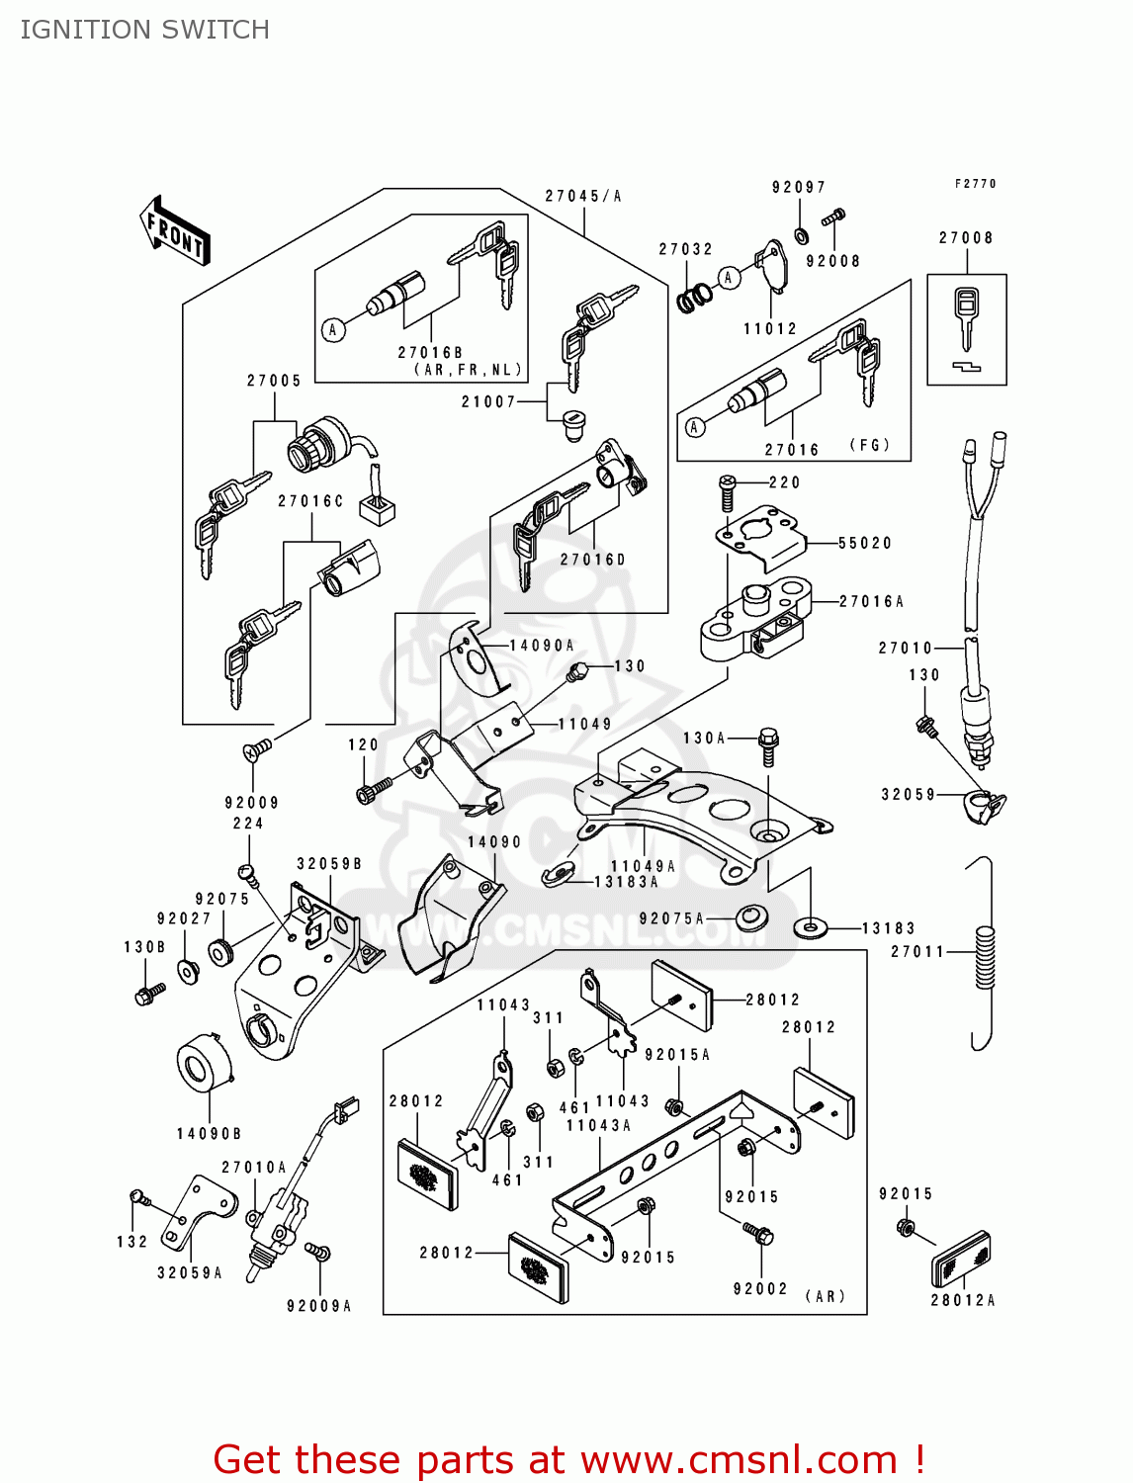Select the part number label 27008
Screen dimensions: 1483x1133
point(966,238)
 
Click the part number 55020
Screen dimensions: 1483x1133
point(865,543)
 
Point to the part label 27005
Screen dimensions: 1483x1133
point(274,381)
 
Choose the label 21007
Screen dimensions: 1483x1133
point(488,401)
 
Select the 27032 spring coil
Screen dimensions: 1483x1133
point(695,296)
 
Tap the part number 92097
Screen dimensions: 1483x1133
point(799,187)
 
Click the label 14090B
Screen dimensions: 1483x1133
point(209,1134)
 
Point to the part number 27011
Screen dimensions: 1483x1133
point(918,952)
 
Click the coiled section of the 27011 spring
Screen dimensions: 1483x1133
point(985,957)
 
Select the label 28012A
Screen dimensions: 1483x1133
point(963,1300)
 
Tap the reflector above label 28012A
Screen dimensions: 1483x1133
point(962,1258)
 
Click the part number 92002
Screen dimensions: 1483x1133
point(760,1289)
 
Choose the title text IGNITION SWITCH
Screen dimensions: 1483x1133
point(144,30)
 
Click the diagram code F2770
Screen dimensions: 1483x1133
point(976,184)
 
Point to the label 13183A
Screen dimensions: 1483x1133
point(626,882)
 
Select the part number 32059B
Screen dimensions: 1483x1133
point(329,864)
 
